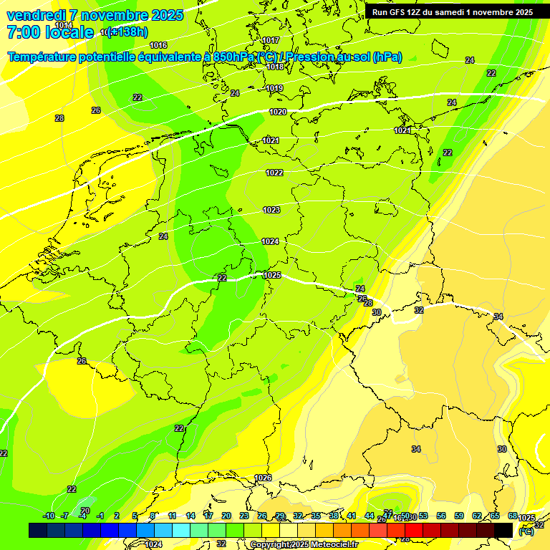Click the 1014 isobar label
pyautogui.click(x=64, y=25)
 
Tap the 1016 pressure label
pyautogui.click(x=158, y=45)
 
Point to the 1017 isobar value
pyautogui.click(x=271, y=40)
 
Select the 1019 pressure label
pyautogui.click(x=274, y=88)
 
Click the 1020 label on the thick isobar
pyautogui.click(x=278, y=112)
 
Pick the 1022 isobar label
pyautogui.click(x=274, y=173)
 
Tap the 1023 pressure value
pyautogui.click(x=271, y=210)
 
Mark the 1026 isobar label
pyautogui.click(x=263, y=478)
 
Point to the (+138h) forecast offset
pyautogui.click(x=127, y=32)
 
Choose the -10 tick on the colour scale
pyautogui.click(x=49, y=516)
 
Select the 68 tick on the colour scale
pyautogui.click(x=513, y=516)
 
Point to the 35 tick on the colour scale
pyautogui.click(x=316, y=516)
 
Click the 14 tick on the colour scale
pyautogui.click(x=190, y=516)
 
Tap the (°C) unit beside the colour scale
pyautogui.click(x=526, y=531)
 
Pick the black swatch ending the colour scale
pyautogui.click(x=503, y=530)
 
